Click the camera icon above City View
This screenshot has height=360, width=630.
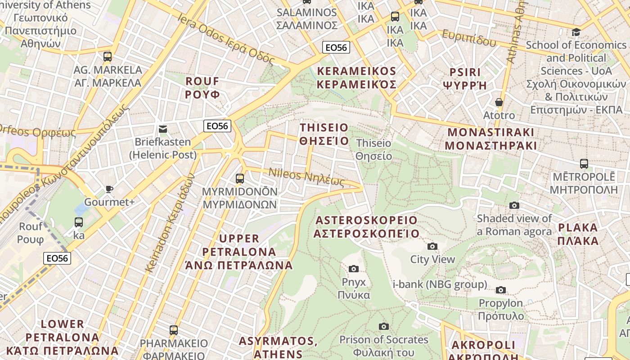pyautogui.click(x=432, y=246)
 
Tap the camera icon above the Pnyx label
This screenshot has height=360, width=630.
pyautogui.click(x=354, y=269)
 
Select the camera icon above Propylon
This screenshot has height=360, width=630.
pyautogui.click(x=501, y=290)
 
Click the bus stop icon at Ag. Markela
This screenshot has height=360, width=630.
pyautogui.click(x=107, y=57)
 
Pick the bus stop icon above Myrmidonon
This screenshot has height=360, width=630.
pyautogui.click(x=240, y=178)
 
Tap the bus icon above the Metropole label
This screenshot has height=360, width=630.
pyautogui.click(x=584, y=164)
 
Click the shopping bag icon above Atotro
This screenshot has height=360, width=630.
pyautogui.click(x=499, y=102)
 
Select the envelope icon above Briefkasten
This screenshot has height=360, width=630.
pyautogui.click(x=163, y=129)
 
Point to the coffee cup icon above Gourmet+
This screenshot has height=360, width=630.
pyautogui.click(x=109, y=189)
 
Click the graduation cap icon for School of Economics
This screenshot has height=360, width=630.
pyautogui.click(x=576, y=32)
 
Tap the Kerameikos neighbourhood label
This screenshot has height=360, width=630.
pyautogui.click(x=356, y=78)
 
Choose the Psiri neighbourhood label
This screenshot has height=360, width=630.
pyautogui.click(x=465, y=79)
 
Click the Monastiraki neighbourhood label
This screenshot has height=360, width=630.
pyautogui.click(x=490, y=139)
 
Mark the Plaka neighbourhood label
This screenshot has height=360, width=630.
pyautogui.click(x=578, y=234)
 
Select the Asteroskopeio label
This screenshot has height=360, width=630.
pyautogui.click(x=366, y=227)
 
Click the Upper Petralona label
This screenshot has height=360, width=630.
pyautogui.click(x=239, y=252)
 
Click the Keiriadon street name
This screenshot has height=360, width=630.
pyautogui.click(x=170, y=223)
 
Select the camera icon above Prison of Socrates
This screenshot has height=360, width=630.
pyautogui.click(x=383, y=326)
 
